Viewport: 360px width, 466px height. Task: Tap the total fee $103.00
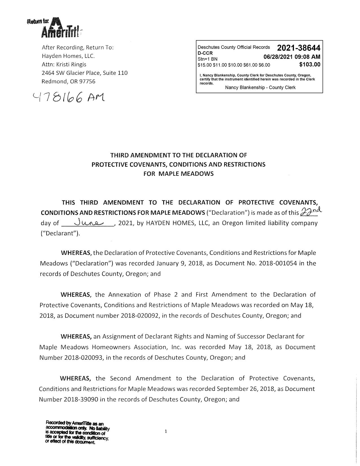[x=310, y=64]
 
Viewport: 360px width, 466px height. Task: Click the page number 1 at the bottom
[x=166, y=431]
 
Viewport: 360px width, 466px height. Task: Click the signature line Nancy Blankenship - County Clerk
[x=260, y=88]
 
